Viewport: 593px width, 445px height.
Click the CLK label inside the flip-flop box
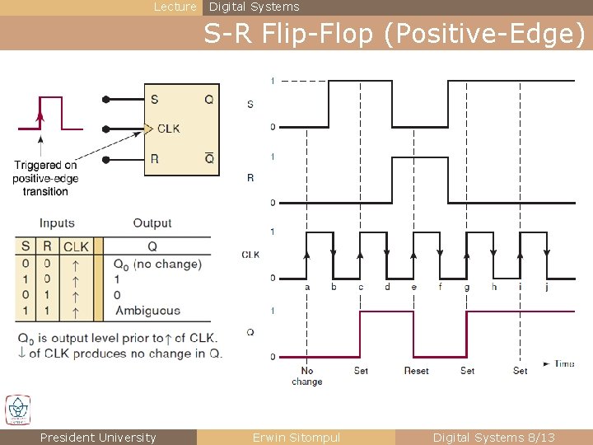coord(168,129)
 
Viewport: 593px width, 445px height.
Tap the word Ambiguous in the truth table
coord(147,311)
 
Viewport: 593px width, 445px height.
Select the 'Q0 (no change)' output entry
coord(157,264)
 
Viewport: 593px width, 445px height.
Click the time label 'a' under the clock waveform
coord(307,287)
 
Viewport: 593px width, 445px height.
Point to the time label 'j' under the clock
coord(547,287)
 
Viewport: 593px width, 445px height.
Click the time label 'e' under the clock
coord(413,287)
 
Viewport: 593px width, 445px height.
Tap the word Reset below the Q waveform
coord(416,371)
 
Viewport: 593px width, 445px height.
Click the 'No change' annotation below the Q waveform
coord(307,376)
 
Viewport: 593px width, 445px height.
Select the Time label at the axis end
coord(565,363)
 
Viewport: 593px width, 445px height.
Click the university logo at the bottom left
coord(17,410)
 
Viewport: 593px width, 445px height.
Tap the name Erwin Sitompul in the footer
coord(296,438)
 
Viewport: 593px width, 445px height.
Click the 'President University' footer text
coord(98,438)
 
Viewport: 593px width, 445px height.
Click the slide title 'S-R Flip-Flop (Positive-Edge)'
coord(395,34)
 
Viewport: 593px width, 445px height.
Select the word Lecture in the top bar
coord(175,7)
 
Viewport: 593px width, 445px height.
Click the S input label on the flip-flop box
coord(155,100)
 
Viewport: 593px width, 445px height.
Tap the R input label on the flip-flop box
coord(155,159)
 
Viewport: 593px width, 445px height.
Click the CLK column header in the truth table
coord(77,246)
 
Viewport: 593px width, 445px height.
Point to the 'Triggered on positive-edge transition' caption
coord(45,178)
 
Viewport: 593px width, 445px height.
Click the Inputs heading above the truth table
coord(57,223)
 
